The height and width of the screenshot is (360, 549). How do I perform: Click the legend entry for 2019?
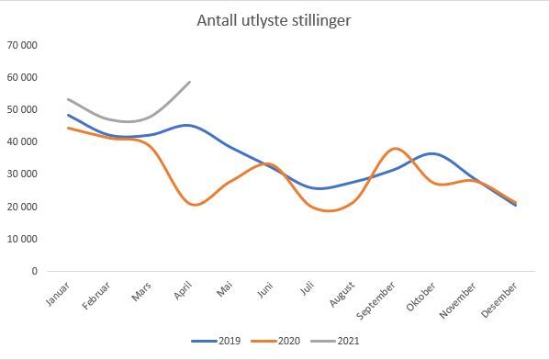coord(219,341)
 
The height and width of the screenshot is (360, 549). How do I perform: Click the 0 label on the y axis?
coord(34,271)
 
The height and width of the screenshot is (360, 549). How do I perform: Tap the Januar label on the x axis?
coord(57,294)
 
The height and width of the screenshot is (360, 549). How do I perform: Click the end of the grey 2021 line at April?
coord(190,82)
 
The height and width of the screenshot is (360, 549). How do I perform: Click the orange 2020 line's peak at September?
coord(395,148)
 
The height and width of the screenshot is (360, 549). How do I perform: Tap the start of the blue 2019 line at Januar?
coord(68,115)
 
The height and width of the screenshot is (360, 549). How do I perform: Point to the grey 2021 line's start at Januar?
coord(68,98)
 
